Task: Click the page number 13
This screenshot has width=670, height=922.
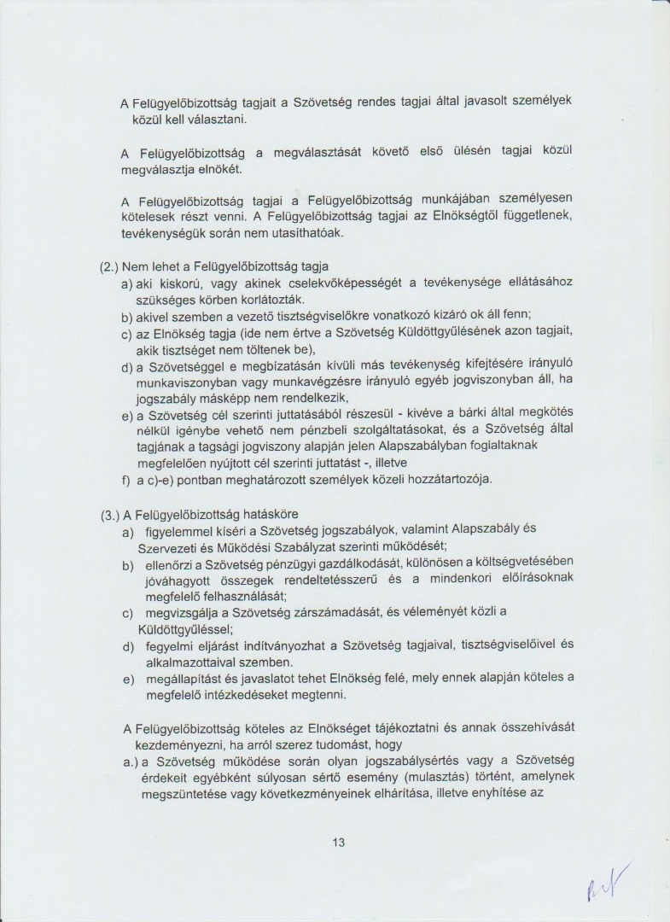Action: coord(338,842)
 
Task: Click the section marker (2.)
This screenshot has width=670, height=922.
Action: coord(109,267)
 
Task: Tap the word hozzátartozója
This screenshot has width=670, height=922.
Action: coord(450,479)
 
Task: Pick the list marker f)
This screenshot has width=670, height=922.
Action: coord(126,479)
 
